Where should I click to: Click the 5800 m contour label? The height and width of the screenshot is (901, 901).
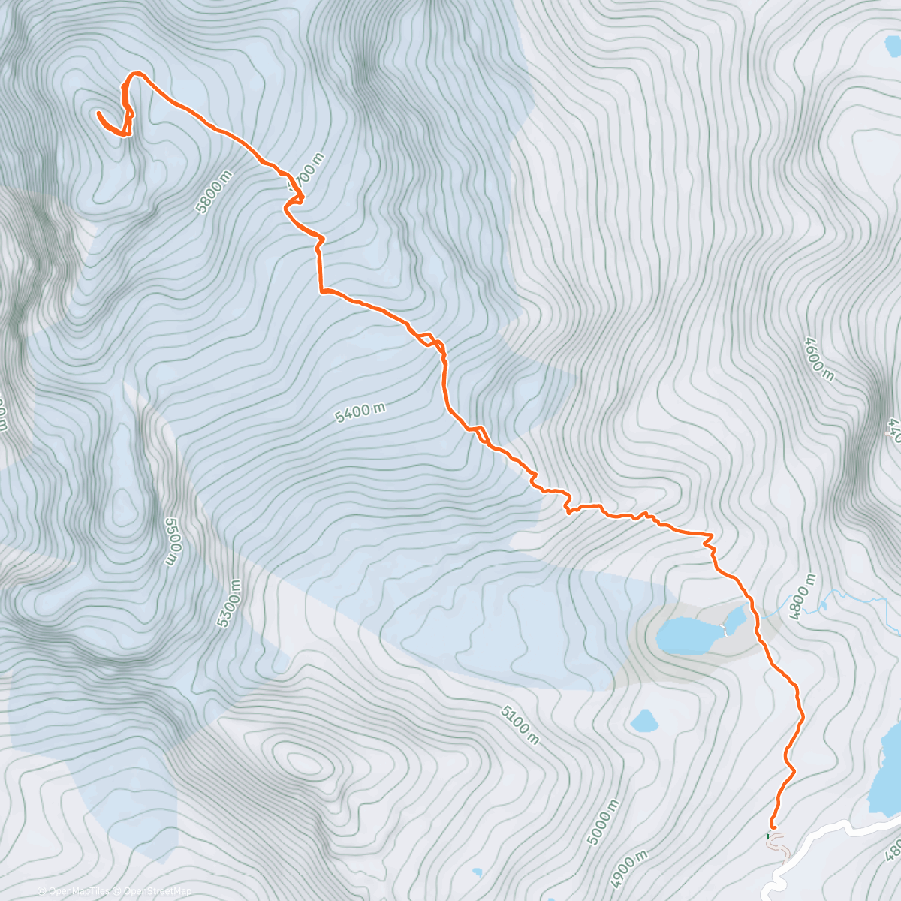point(213,192)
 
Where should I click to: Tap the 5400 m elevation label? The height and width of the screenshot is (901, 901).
point(360,411)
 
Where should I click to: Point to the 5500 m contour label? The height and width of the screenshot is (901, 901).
point(172,541)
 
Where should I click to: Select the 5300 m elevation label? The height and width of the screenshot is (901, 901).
point(229,604)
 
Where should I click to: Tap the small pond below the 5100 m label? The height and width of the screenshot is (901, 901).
point(644,722)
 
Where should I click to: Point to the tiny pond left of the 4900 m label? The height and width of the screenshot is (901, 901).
point(478,872)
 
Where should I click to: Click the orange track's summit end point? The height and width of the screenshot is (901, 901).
point(99,113)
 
